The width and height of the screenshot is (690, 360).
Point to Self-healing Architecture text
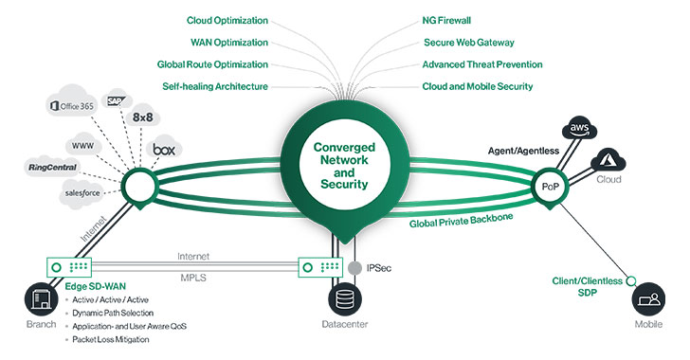tap(214, 87)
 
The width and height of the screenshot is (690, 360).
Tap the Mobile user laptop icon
tap(650, 303)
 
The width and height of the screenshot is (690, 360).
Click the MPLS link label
tap(193, 279)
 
